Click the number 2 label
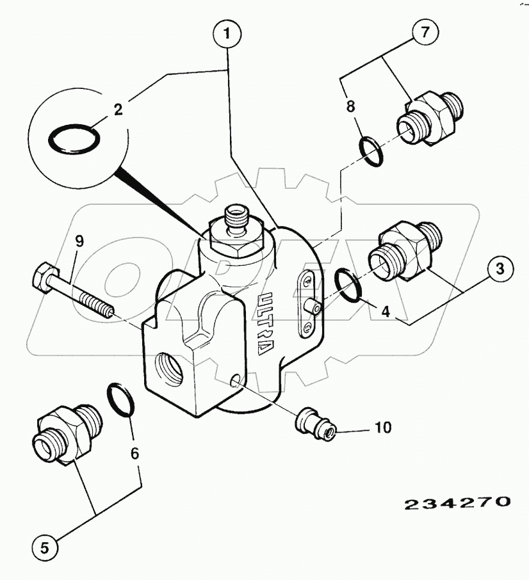(x=118, y=109)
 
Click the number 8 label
(x=350, y=106)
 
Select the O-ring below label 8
(x=372, y=150)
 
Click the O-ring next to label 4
(x=348, y=283)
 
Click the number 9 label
(x=79, y=241)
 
